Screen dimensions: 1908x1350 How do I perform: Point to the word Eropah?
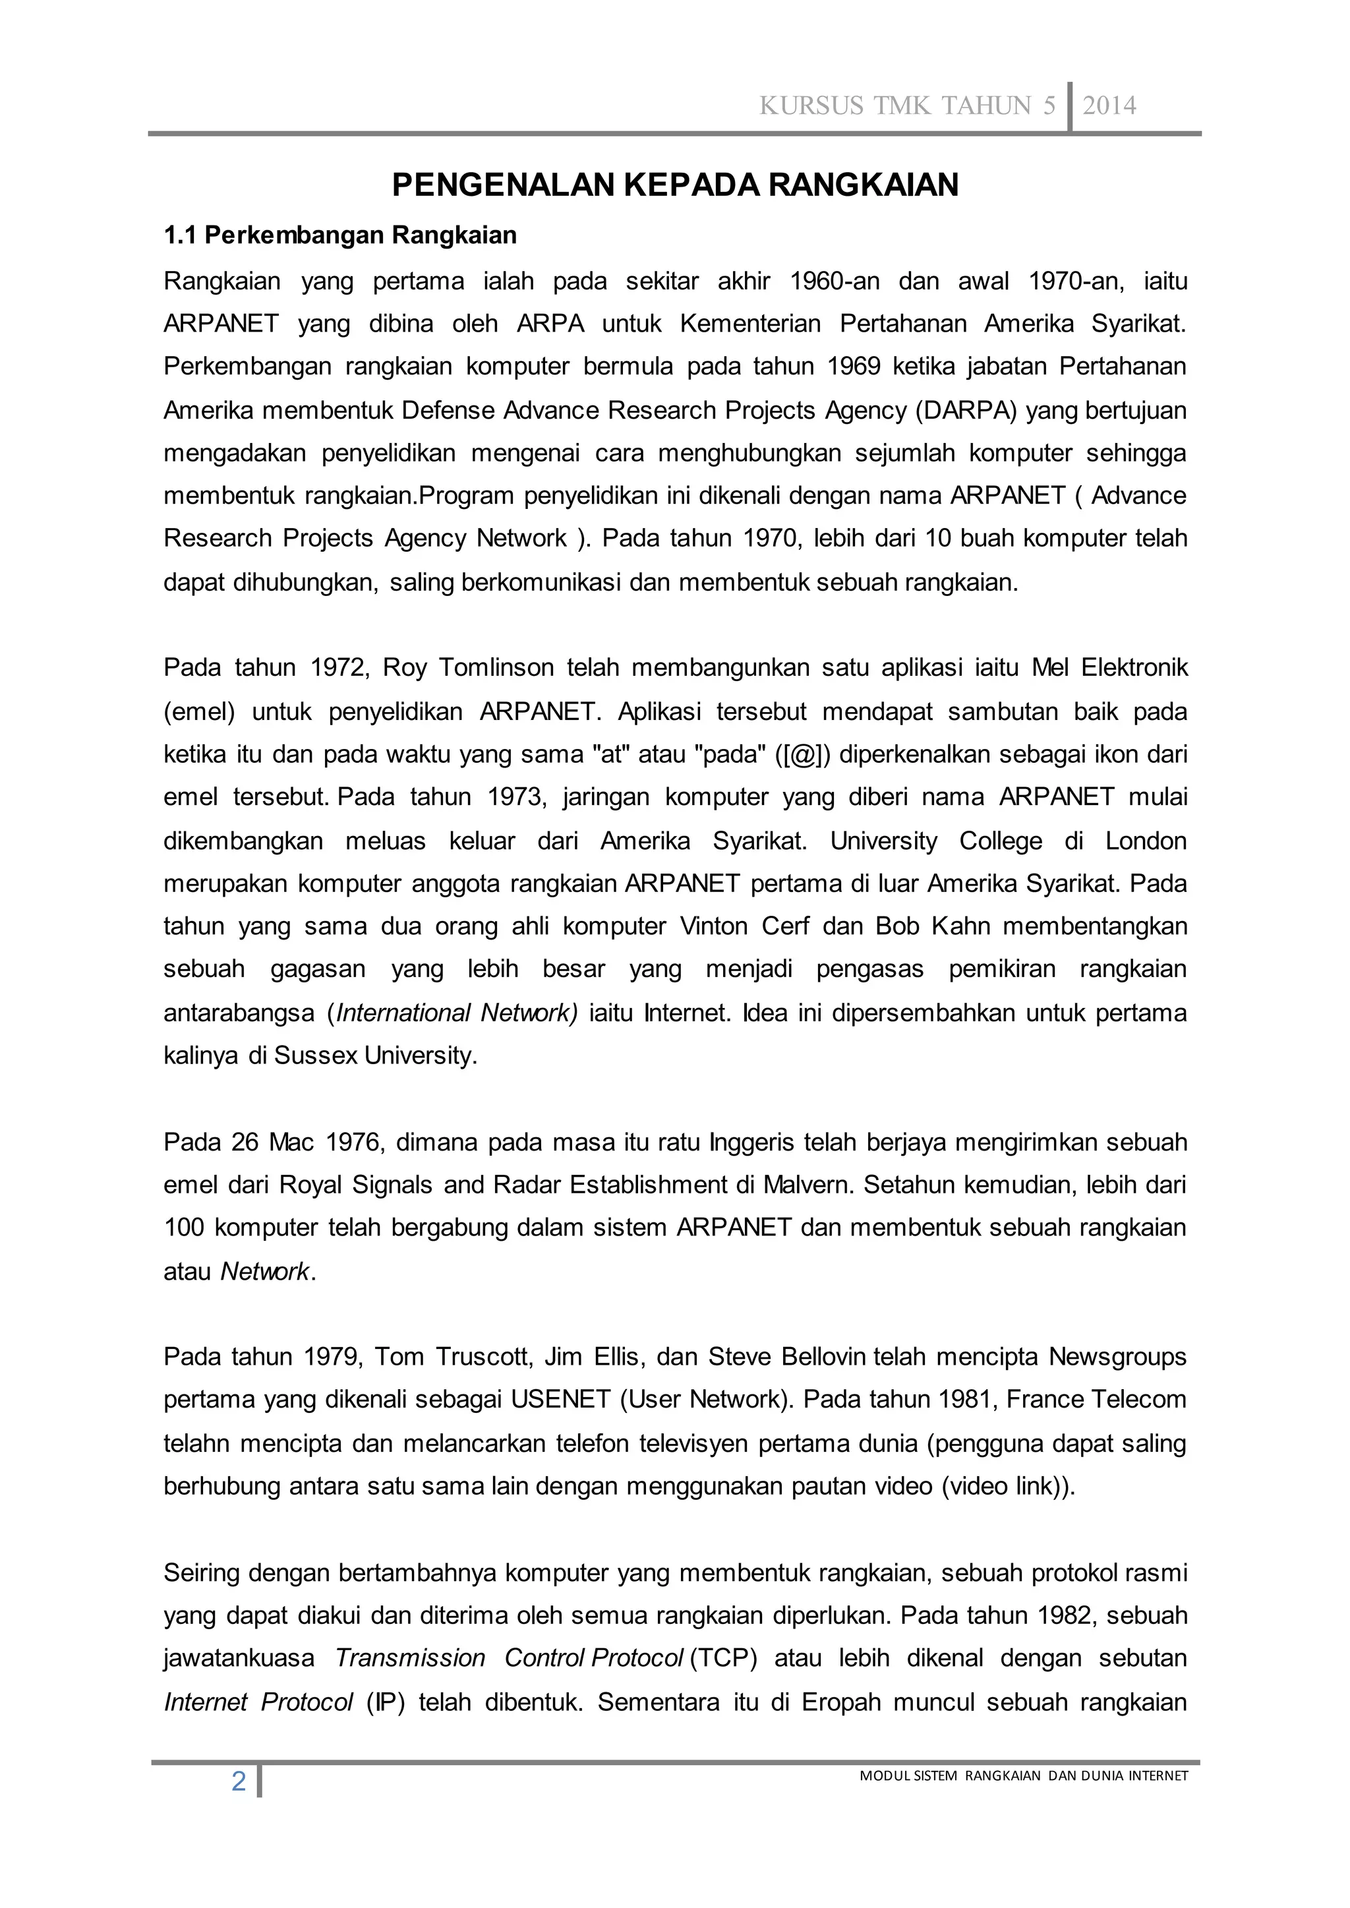pos(840,1702)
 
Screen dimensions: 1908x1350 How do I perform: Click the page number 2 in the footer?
pos(239,1781)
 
